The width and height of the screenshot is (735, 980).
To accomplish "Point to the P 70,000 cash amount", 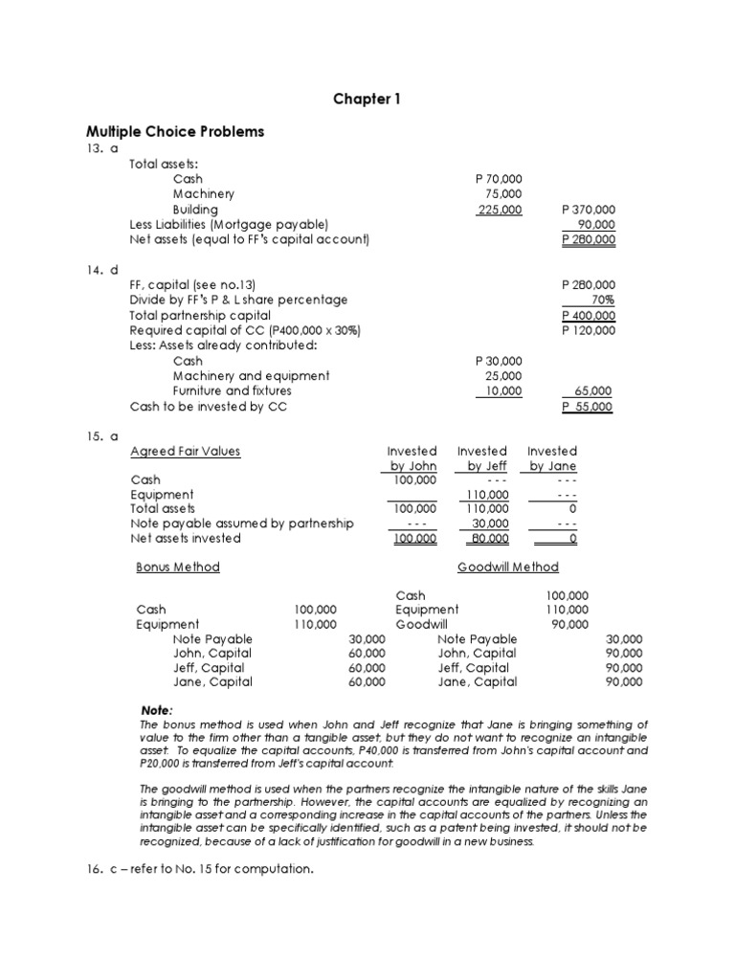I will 499,179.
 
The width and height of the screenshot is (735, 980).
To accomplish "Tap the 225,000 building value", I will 500,210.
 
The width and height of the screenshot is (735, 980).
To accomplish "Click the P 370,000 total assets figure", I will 588,210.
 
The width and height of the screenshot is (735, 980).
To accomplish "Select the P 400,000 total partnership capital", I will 588,315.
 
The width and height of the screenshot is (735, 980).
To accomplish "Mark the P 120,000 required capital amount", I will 588,330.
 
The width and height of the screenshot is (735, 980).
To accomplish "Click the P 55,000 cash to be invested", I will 588,407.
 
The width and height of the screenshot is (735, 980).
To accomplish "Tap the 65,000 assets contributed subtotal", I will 593,391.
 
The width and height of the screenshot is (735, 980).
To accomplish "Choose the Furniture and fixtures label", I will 233,391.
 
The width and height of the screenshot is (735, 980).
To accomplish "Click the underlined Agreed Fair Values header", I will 186,451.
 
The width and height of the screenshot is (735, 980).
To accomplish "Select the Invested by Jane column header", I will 552,458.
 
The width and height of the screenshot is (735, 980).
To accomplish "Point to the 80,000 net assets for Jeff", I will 487,538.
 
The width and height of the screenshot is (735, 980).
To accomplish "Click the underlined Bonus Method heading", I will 178,567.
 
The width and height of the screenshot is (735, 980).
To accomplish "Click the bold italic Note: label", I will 157,710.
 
